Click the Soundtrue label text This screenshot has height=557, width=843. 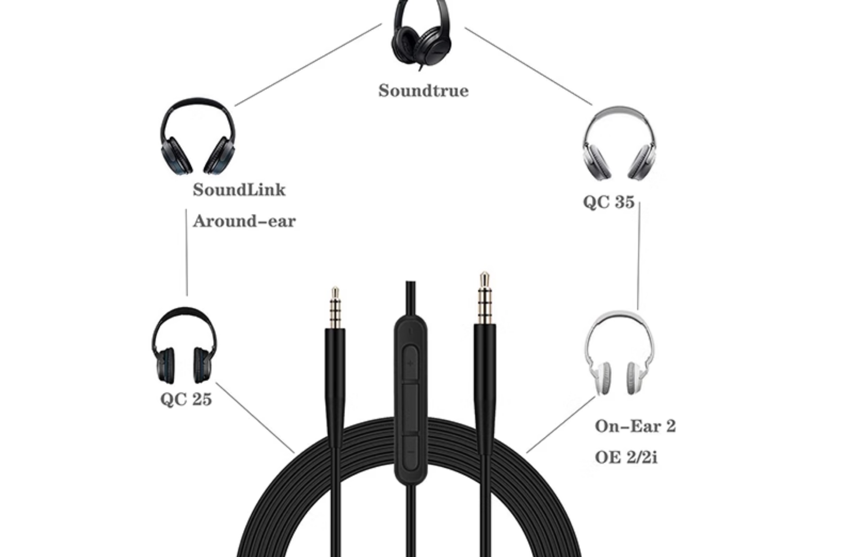(423, 91)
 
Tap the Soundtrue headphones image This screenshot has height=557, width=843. (421, 36)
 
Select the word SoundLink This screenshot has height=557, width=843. (239, 190)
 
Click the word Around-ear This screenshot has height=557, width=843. (244, 221)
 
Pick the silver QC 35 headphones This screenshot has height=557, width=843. (619, 144)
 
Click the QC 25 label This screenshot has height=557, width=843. (186, 399)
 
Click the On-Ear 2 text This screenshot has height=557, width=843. (635, 426)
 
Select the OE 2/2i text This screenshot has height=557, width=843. (626, 457)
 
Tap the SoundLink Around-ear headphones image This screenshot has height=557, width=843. (197, 137)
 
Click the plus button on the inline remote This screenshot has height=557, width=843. (411, 363)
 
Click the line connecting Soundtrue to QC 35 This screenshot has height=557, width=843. (528, 67)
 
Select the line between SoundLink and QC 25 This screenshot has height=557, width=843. (186, 252)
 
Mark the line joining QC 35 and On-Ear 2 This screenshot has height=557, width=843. (639, 256)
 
